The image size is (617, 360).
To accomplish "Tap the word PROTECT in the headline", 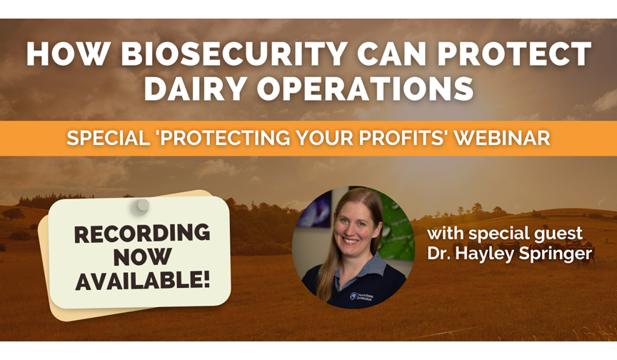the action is click(x=514, y=54).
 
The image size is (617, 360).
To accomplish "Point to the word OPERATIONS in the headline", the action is click(x=366, y=89).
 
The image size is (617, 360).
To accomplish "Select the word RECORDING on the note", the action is click(x=142, y=234).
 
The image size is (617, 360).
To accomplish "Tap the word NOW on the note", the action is click(x=142, y=257).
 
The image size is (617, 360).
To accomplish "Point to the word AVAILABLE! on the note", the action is click(x=142, y=281).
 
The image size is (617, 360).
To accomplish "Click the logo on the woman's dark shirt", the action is click(x=361, y=296).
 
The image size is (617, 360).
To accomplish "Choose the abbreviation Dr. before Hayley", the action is click(x=438, y=253).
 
